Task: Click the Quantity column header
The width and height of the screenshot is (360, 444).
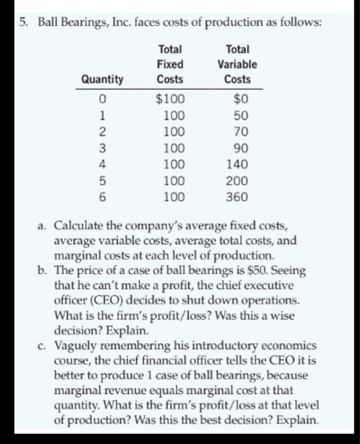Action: [102, 80]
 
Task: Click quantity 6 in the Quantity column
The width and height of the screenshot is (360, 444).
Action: [102, 197]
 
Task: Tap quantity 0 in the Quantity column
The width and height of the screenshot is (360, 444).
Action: [102, 98]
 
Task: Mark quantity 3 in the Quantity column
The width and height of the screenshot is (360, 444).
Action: [102, 148]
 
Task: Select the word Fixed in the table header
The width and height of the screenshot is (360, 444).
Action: [170, 64]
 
